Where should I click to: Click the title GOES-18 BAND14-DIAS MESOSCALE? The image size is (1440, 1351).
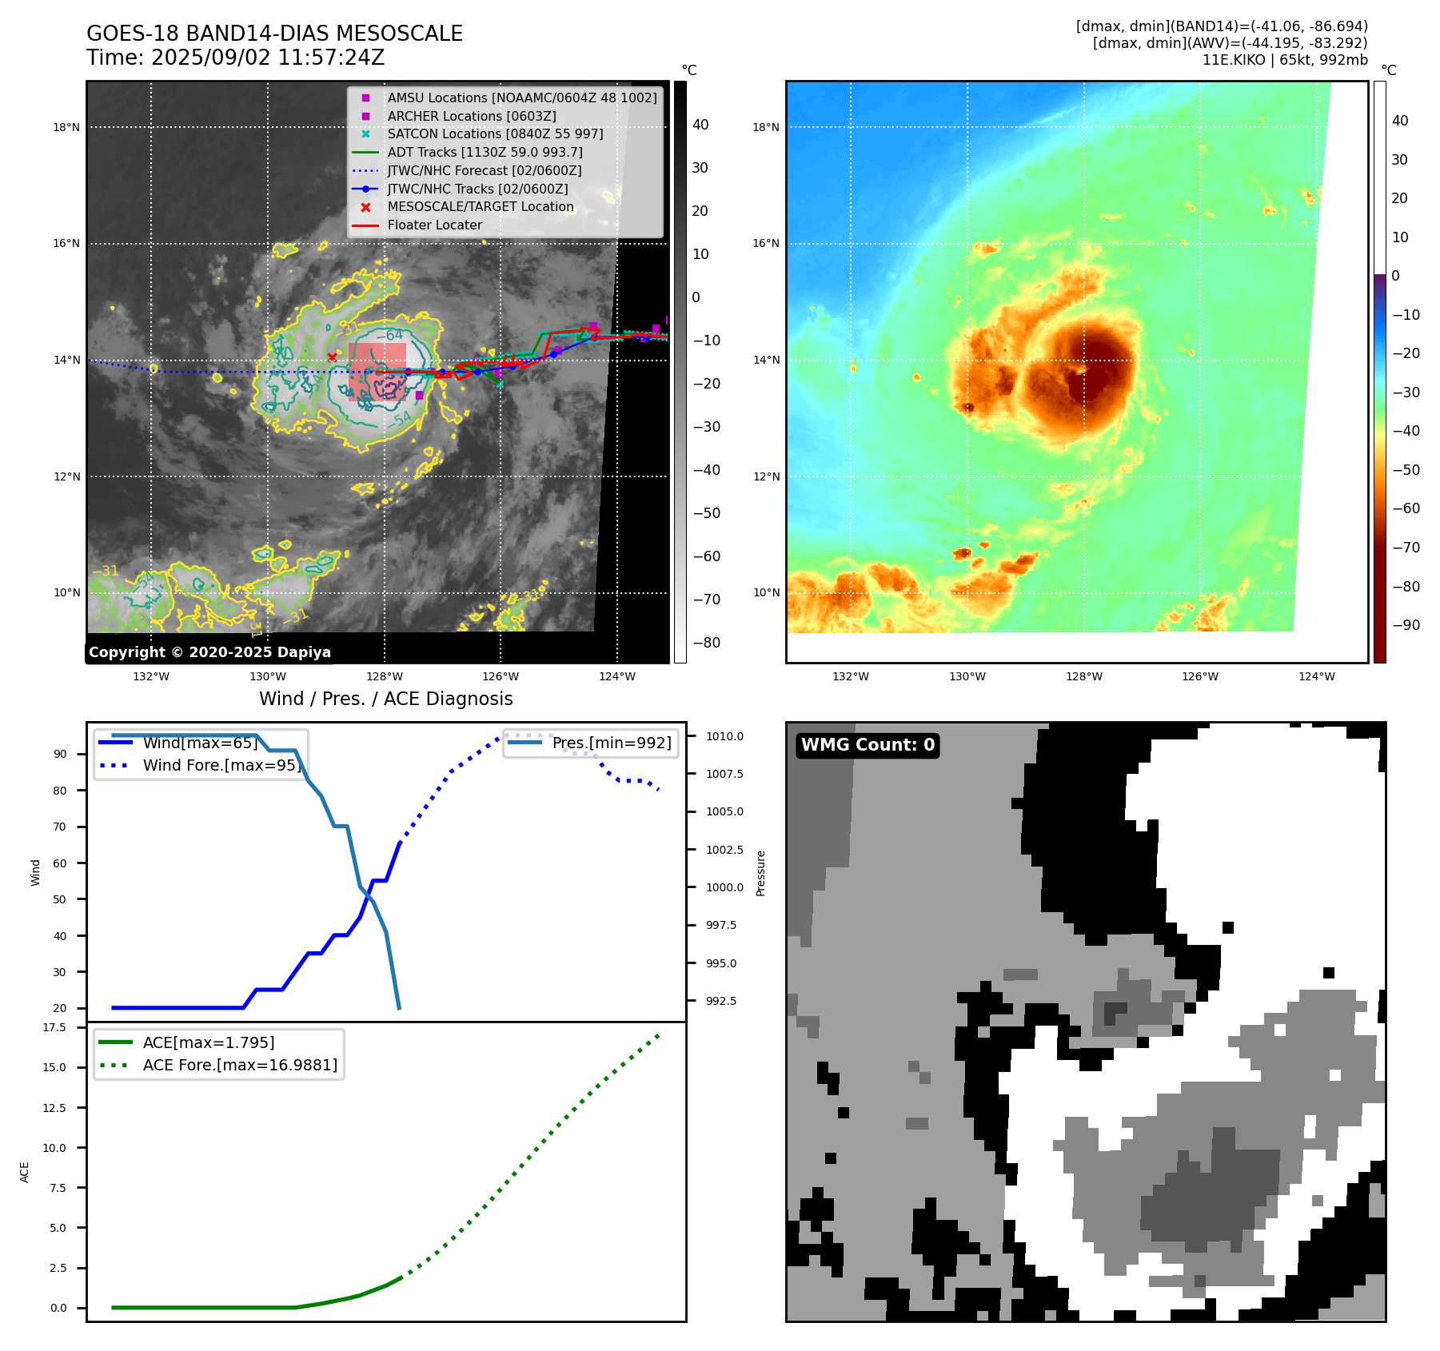(274, 34)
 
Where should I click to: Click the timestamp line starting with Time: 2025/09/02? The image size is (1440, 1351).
(235, 58)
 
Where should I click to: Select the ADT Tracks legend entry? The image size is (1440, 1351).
(485, 152)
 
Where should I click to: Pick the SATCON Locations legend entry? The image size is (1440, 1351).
(495, 134)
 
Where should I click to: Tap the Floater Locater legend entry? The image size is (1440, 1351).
(434, 225)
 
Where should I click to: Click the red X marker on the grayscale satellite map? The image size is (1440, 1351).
(332, 357)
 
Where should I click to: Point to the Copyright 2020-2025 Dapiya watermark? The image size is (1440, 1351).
(209, 652)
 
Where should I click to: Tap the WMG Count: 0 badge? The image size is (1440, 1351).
(868, 745)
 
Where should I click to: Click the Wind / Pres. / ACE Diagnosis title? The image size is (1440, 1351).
(385, 699)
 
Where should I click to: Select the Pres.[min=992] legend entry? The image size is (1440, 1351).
(612, 743)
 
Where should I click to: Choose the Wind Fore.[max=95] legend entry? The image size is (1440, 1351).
(221, 765)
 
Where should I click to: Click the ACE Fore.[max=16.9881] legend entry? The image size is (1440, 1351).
(240, 1065)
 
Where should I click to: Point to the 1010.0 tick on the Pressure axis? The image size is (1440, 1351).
(724, 736)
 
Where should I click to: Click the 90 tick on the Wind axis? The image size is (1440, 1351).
(60, 754)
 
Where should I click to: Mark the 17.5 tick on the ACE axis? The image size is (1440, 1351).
(54, 1027)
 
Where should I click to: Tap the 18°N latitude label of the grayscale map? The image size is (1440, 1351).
(66, 127)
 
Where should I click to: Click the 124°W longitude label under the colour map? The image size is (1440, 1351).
(1316, 676)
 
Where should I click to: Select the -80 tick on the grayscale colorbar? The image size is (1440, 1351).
(706, 643)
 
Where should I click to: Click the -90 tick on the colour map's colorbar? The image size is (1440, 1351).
(1406, 625)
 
